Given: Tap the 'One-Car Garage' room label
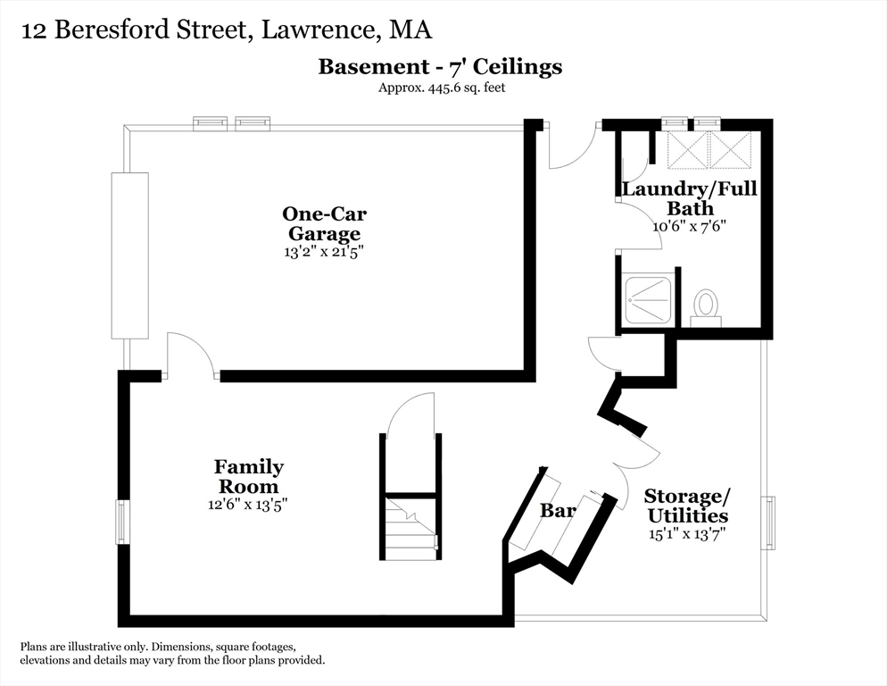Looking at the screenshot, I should click(324, 223).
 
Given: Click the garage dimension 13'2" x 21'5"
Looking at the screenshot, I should click(324, 252).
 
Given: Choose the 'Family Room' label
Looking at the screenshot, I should click(248, 476).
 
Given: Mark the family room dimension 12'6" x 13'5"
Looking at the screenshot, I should click(248, 505).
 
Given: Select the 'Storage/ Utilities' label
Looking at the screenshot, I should click(686, 506).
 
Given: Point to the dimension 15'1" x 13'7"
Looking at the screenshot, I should click(686, 534).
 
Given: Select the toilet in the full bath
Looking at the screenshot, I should click(706, 305).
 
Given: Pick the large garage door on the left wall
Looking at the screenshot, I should click(129, 255).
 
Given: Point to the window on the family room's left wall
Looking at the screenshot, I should click(121, 522).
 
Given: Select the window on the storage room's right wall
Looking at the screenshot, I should click(769, 522).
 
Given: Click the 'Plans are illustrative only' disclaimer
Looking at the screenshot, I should click(172, 653).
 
